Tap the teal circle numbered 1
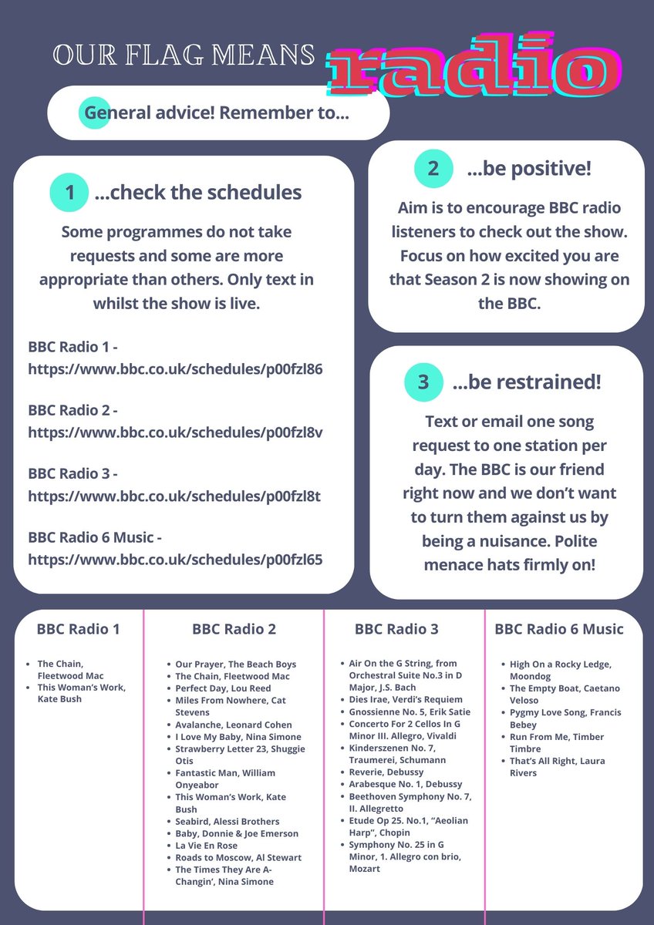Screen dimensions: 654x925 [x=70, y=193]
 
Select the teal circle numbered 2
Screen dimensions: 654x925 [x=433, y=168]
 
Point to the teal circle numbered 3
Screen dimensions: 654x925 [x=423, y=382]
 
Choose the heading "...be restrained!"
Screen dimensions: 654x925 [x=527, y=382]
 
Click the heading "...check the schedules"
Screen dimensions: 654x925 [x=198, y=193]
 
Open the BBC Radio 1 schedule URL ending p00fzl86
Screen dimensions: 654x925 [x=175, y=368]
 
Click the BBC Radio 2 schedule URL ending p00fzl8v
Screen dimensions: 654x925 [x=175, y=432]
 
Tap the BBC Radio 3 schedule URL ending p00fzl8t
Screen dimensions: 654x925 [x=174, y=495]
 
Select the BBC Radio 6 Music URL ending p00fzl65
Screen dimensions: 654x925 [x=175, y=558]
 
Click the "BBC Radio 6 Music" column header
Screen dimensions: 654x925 [x=559, y=629]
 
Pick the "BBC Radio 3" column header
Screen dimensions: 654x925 [x=396, y=629]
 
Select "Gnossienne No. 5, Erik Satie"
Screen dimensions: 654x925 [x=409, y=711]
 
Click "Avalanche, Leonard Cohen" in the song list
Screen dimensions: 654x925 [x=234, y=725]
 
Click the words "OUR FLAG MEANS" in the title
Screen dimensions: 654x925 [x=184, y=54]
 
